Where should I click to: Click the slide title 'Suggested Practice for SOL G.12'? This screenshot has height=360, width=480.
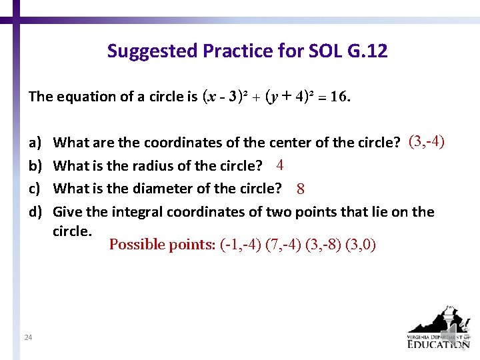[247, 51]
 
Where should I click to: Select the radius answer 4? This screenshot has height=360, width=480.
[281, 165]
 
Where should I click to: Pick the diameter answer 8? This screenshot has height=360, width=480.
[301, 189]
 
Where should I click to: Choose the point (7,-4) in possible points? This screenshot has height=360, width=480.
[283, 245]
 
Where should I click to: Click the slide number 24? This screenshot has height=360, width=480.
[28, 338]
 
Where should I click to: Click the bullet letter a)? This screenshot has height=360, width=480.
[34, 142]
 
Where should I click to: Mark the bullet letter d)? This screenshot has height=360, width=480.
[34, 213]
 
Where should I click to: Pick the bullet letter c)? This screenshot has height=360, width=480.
[34, 189]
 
